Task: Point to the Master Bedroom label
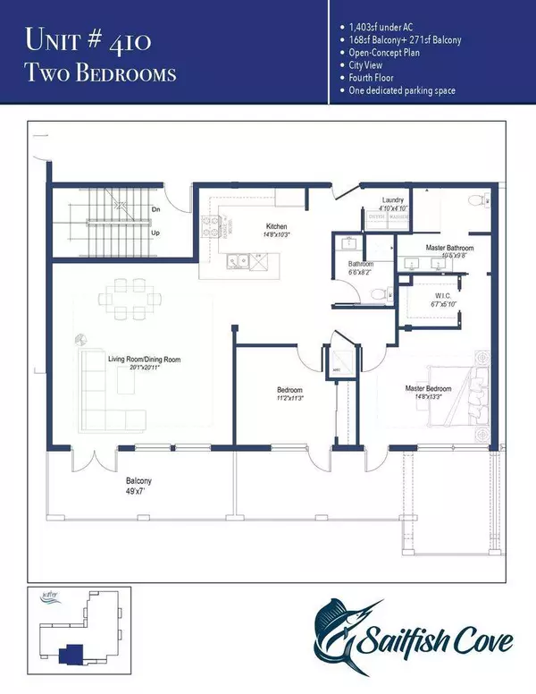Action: tap(428, 388)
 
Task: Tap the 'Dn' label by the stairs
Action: tap(155, 211)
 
